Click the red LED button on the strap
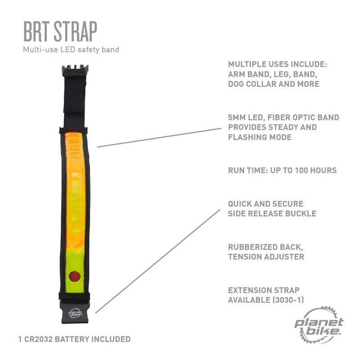tap(75, 275)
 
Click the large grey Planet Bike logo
tap(319, 323)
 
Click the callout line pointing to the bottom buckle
tap(158, 261)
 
